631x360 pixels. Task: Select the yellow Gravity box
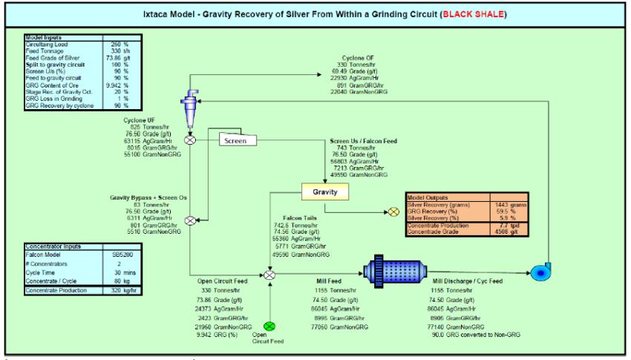click(x=324, y=192)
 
